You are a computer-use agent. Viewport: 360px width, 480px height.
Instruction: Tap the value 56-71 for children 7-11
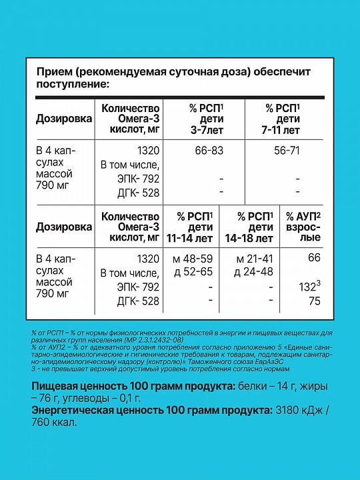pos(288,151)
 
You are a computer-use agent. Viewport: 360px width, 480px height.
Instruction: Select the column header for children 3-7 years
pos(203,118)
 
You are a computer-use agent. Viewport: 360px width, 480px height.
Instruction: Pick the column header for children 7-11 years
pos(283,118)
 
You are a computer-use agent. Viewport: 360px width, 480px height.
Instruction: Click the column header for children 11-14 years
pos(194,227)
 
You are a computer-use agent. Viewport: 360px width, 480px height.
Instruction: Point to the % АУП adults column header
pos(303,227)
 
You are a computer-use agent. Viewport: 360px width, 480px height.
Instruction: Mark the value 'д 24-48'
pos(255,273)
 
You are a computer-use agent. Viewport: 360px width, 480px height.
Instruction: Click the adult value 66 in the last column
pos(314,259)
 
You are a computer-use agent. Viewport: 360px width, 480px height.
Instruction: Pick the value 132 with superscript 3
pos(311,287)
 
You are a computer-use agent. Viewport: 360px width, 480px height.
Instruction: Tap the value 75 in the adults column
pos(314,301)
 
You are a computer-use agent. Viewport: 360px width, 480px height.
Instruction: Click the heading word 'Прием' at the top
pos(53,72)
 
